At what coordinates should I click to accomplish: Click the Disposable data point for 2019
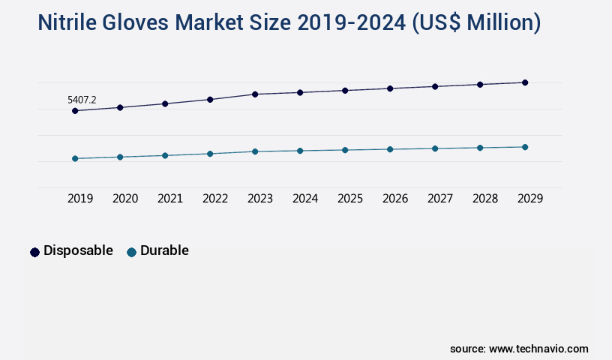coord(75,111)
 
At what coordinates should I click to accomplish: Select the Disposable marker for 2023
coord(255,94)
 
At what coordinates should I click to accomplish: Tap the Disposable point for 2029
coord(525,82)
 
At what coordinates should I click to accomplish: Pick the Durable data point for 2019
coord(75,158)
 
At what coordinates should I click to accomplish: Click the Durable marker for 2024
coord(300,151)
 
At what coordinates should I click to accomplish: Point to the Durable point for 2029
coord(525,147)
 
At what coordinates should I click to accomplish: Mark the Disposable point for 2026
coord(390,88)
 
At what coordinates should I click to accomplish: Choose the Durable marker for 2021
coord(165,155)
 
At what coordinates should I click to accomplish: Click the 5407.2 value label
coord(82,99)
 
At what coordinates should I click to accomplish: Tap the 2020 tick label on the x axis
coord(125,199)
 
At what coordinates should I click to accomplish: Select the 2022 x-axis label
coord(215,199)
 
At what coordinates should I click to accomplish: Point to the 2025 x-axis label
coord(350,199)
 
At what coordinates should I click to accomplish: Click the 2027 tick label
coord(440,199)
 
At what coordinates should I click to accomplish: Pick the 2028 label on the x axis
coord(485,199)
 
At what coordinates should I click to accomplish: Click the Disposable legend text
coord(78,250)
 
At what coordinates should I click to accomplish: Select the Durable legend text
coord(164,250)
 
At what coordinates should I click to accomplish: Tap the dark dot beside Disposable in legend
coord(34,252)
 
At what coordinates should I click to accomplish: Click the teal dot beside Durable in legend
coord(132,252)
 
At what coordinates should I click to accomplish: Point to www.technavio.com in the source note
coord(538,349)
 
